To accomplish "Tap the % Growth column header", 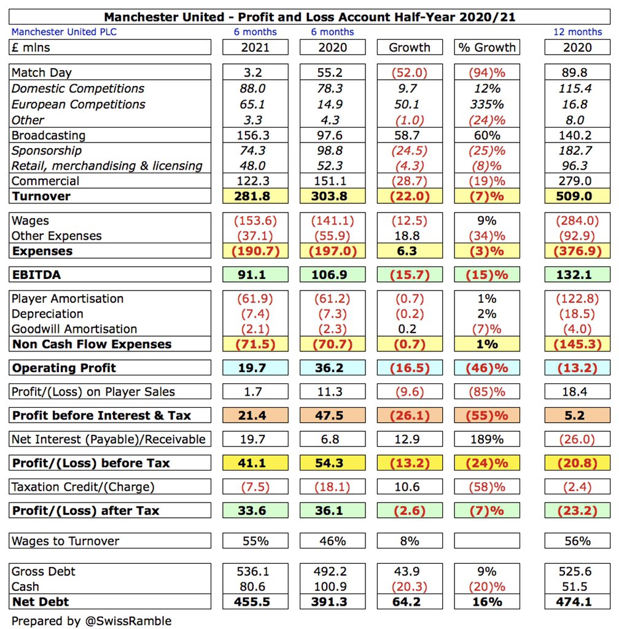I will pos(487,47).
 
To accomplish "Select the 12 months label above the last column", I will pos(577,31).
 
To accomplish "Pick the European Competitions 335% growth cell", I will pos(487,104).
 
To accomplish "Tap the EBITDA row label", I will pos(37,275).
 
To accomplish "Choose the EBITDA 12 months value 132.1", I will pos(577,275).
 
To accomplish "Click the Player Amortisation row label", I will pos(68,299).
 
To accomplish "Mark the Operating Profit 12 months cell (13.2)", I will pos(577,368).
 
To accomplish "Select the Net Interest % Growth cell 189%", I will pos(487,439).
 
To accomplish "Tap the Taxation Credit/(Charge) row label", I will pos(83,487).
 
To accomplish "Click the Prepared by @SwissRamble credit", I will pos(91,621).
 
